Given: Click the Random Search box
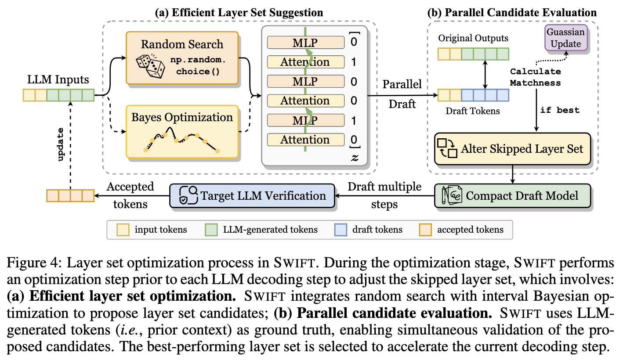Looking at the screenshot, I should (x=181, y=58).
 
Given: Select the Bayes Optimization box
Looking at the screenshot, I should (x=181, y=131).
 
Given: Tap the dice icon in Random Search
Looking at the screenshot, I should (x=150, y=66).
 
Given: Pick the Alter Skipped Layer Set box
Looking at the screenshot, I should (x=512, y=148).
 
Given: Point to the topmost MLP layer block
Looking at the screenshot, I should (x=305, y=43).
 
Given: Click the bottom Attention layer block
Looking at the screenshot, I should (x=305, y=140).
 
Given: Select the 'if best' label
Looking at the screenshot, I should (x=560, y=110).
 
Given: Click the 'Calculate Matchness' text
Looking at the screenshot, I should (x=535, y=77).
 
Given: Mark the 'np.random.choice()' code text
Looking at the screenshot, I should (x=197, y=65).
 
